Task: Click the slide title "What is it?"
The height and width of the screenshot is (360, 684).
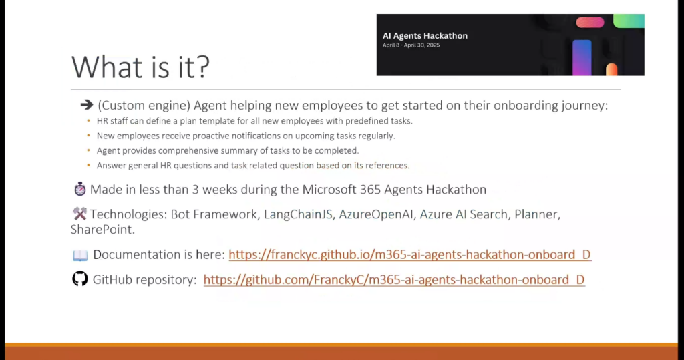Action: (x=140, y=67)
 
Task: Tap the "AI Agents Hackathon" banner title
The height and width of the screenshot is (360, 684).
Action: (x=425, y=36)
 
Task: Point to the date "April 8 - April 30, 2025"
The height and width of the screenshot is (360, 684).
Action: (x=411, y=45)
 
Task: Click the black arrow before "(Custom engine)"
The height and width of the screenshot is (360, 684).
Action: (x=87, y=105)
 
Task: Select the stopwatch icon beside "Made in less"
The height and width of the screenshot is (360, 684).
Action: (x=80, y=189)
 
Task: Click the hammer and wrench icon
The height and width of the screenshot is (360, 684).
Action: (x=80, y=213)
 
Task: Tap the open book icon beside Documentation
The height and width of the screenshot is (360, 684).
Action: (x=80, y=255)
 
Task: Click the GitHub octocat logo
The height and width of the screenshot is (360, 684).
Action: (x=80, y=279)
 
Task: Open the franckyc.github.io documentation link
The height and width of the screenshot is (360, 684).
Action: (x=409, y=254)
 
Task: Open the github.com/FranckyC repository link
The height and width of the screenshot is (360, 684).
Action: (x=394, y=279)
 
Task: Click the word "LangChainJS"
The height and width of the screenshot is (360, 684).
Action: (x=298, y=214)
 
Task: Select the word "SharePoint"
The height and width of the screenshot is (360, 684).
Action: (x=102, y=230)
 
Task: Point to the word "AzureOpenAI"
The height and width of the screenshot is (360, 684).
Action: (x=375, y=214)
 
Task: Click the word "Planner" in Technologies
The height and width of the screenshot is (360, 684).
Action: (x=536, y=214)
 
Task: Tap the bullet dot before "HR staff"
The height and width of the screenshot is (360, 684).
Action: (x=89, y=120)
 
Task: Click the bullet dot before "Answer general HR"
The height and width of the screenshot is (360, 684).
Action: (x=89, y=165)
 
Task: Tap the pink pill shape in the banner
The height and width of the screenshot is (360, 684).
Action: (x=590, y=22)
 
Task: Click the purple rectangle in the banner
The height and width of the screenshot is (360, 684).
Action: (x=582, y=57)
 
